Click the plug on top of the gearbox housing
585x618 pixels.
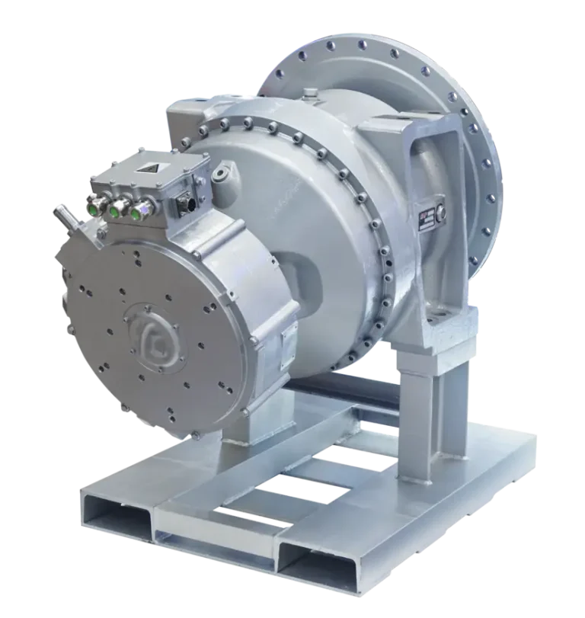click(x=310, y=94)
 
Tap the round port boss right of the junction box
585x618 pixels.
click(x=222, y=175)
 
